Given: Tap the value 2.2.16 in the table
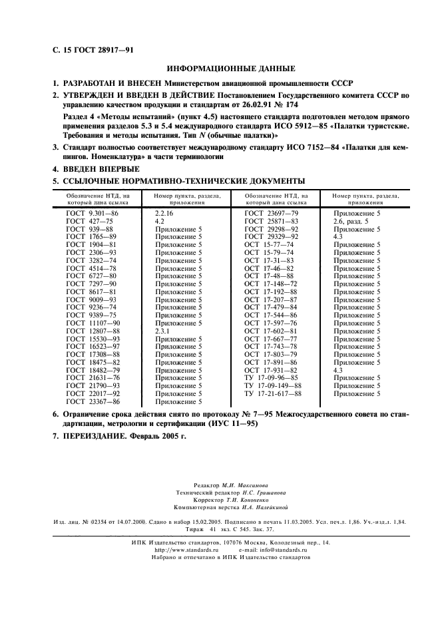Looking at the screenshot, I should click(164, 212).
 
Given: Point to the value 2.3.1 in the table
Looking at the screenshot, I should click(162, 331).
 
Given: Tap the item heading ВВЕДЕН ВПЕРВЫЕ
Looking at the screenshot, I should click(102, 169).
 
